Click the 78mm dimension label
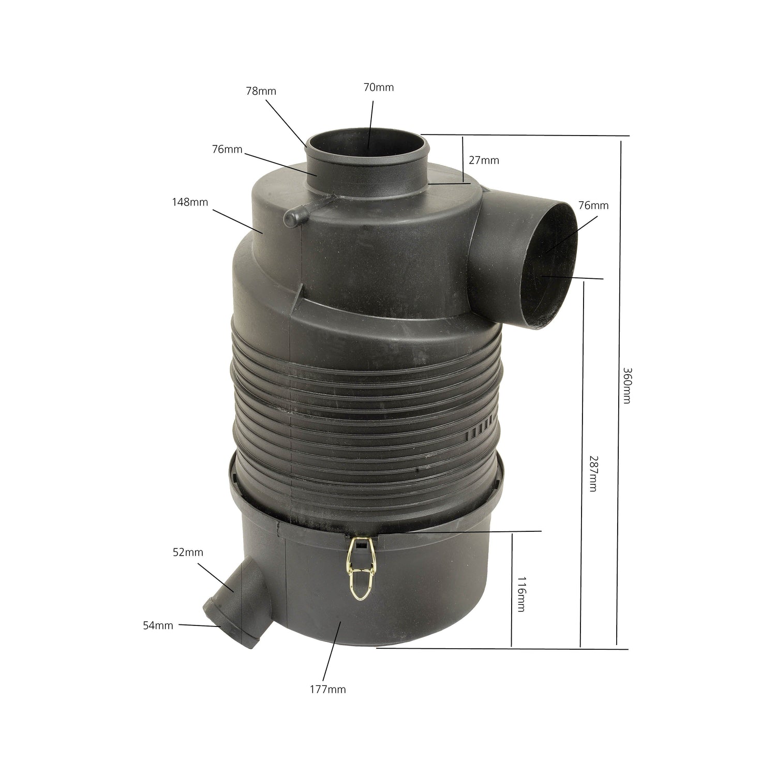tap(261, 91)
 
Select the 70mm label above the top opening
tap(378, 87)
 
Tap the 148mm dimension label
tap(190, 202)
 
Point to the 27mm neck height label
tap(484, 160)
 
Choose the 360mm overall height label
tap(626, 385)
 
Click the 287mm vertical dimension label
tap(593, 473)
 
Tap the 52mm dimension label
tap(188, 552)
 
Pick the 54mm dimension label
tap(158, 625)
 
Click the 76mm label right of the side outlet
tap(593, 205)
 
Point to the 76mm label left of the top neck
tap(227, 149)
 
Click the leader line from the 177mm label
tap(331, 652)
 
